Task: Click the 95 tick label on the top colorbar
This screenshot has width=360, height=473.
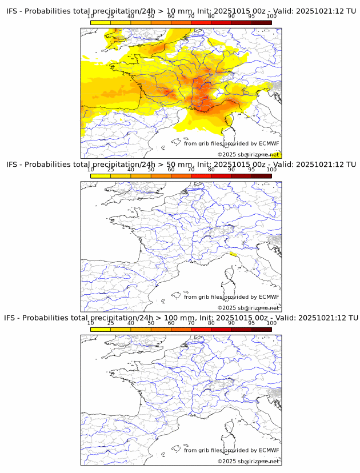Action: (x=251, y=16)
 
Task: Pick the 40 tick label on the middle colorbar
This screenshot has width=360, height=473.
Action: (x=131, y=170)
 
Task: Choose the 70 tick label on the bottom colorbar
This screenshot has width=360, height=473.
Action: (x=191, y=323)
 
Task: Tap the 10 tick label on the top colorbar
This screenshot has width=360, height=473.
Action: (x=90, y=16)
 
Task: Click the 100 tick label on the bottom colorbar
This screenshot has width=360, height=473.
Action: (x=271, y=323)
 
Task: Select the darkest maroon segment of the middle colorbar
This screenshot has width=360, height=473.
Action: (x=261, y=175)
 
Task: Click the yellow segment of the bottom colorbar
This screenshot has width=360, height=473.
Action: (x=100, y=329)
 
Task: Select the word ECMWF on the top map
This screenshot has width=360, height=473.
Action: (x=269, y=143)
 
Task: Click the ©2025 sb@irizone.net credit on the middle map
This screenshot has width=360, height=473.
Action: (x=248, y=308)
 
